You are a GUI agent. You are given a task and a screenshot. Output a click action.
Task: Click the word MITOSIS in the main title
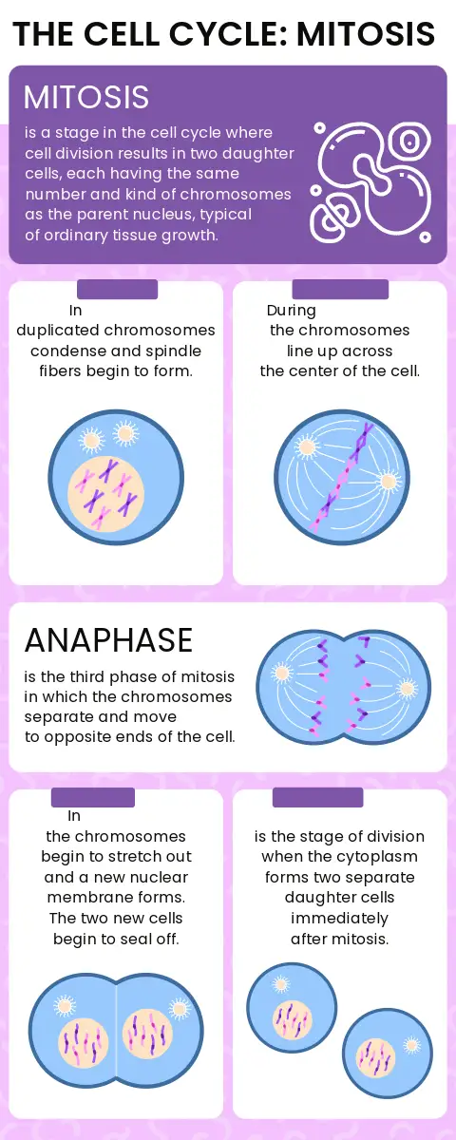coord(366,33)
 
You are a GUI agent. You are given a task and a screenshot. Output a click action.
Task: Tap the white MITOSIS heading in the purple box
coord(86,97)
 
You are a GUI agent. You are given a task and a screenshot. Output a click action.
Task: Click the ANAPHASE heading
coord(108,639)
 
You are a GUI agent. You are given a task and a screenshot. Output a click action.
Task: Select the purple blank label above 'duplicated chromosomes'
coord(118,289)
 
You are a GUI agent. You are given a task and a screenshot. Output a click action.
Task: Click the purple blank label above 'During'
coord(340,289)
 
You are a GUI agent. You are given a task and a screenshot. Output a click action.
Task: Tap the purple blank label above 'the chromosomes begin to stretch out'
coord(93,797)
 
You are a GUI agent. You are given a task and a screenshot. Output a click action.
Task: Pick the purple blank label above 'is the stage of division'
coord(318,797)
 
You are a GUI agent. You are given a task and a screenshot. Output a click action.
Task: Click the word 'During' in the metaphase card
coord(291,310)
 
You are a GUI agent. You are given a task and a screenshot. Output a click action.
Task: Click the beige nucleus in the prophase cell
coord(106,493)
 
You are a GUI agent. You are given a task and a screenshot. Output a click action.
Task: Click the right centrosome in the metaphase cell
coord(388,481)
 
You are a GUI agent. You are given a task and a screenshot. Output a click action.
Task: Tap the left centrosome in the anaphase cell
coord(281,674)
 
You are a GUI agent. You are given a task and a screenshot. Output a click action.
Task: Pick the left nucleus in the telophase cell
coord(84,1041)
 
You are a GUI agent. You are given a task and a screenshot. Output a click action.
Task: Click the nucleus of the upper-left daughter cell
coord(292,1020)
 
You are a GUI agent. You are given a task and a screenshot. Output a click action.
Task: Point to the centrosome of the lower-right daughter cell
coord(411,1046)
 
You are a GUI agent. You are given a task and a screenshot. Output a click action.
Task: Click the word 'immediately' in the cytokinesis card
coord(339,918)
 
